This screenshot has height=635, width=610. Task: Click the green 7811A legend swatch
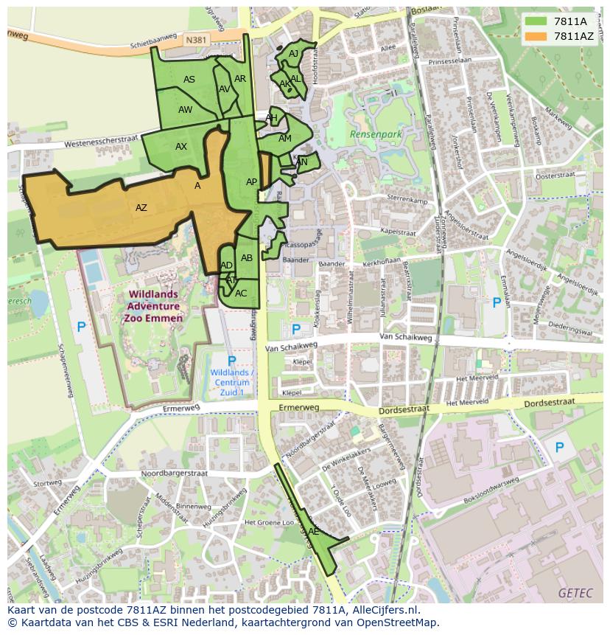535,21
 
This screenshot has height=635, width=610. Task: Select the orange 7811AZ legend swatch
535,36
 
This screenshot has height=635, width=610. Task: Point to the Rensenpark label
376,135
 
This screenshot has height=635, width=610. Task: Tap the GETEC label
574,592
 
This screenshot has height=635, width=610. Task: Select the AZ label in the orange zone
141,208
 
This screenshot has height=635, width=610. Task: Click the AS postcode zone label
189,80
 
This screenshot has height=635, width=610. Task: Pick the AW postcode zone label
186,110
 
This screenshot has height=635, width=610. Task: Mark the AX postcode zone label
181,147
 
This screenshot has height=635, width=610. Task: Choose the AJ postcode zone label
294,54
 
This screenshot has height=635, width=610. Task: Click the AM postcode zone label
285,139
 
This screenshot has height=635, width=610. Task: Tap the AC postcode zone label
241,294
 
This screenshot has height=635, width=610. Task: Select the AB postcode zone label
247,258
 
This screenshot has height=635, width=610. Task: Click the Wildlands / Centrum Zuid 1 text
232,383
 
